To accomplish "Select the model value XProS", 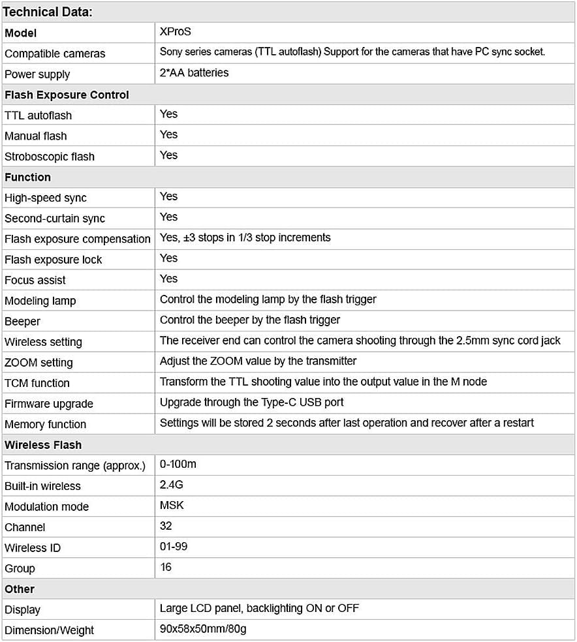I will point(176,31).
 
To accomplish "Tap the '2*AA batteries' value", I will point(194,72).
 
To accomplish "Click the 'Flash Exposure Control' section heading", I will point(67,95).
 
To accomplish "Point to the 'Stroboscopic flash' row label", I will point(50,157).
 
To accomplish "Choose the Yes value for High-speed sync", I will point(168,196).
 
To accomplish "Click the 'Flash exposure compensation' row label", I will point(77,239).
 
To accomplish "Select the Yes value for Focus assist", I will point(168,279).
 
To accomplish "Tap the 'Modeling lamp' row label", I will point(40,301).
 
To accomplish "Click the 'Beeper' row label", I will point(22,322).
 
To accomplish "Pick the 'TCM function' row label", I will point(37,383).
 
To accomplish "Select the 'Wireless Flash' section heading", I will point(43,445).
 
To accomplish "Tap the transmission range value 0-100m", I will point(178,465).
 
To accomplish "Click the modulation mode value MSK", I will point(172,506).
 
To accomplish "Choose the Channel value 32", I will point(166,526).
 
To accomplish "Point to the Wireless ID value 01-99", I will point(174,547).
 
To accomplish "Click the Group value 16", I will point(166,567).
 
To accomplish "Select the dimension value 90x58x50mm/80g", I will point(202,629).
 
